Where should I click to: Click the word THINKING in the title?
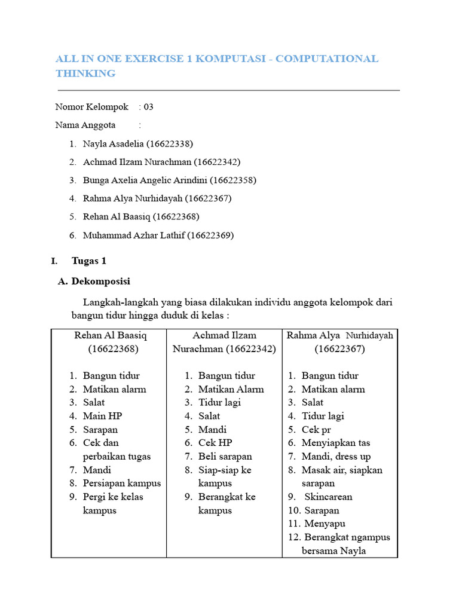85,74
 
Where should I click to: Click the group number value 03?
148,107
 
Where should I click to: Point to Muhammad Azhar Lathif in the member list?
134,235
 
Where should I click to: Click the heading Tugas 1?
89,261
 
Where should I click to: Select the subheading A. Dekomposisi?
94,281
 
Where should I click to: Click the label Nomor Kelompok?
91,107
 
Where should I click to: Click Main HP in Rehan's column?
102,416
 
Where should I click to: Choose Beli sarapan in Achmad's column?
225,457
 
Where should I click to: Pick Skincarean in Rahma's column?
328,497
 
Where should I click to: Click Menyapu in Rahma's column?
326,524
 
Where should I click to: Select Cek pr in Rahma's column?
316,430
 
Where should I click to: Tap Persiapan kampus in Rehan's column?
122,483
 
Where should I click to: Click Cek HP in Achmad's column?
215,443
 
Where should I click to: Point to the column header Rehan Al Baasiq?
110,335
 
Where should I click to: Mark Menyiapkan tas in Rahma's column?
335,443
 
